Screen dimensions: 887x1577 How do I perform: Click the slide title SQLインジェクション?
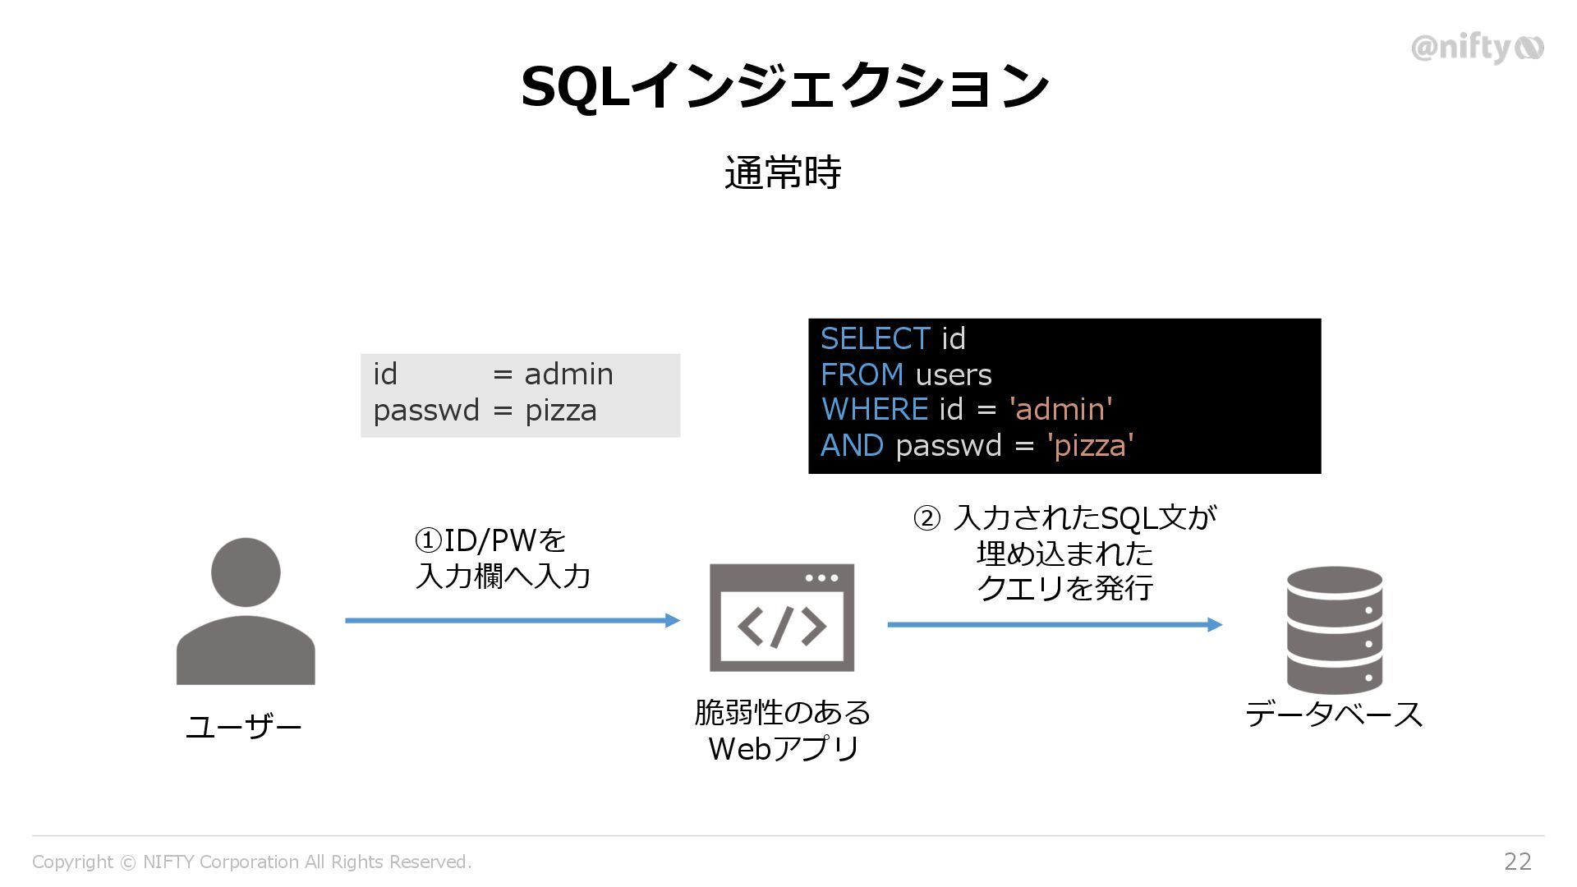(x=784, y=86)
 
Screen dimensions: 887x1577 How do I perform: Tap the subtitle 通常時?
(x=783, y=173)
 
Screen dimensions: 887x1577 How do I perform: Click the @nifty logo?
(x=1476, y=48)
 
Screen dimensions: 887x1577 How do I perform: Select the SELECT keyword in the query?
(x=875, y=339)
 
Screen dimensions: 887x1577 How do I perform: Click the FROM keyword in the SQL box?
(x=862, y=375)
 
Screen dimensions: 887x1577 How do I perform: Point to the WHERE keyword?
(x=874, y=409)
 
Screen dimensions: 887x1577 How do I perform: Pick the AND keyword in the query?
(x=852, y=445)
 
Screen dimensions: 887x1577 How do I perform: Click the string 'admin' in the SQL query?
(x=1060, y=409)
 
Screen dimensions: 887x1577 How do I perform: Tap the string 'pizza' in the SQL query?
(x=1090, y=445)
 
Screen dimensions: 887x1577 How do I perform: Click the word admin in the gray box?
(x=568, y=375)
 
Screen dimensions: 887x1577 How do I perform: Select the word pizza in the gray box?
(x=560, y=410)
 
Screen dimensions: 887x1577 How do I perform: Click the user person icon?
(x=246, y=611)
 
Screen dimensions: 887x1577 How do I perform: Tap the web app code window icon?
(x=782, y=618)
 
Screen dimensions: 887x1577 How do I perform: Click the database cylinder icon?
(x=1334, y=630)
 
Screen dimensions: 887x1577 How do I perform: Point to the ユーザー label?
(x=244, y=727)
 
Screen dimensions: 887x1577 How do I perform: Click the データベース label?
(x=1334, y=714)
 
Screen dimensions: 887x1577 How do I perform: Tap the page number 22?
(x=1517, y=861)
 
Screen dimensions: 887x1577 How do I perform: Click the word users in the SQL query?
(x=953, y=375)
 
